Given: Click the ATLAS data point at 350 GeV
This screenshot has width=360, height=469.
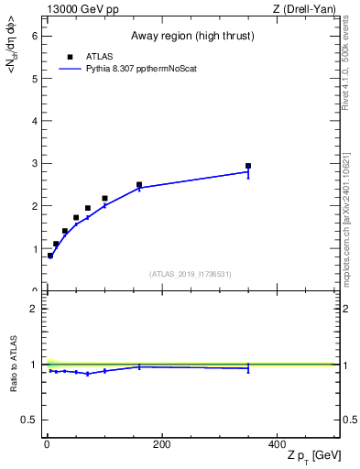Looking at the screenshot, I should (x=248, y=166).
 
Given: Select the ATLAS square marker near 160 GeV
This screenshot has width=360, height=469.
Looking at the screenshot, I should (x=139, y=185).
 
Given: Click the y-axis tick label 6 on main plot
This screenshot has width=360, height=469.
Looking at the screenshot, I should (x=34, y=36).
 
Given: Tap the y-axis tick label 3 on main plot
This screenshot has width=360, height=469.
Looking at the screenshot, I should (x=34, y=163).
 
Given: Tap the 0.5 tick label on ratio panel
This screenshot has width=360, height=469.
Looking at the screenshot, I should (x=30, y=420).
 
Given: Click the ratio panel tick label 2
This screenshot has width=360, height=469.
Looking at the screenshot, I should (x=34, y=309).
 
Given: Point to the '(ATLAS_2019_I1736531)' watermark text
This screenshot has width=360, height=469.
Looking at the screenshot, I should (x=191, y=274).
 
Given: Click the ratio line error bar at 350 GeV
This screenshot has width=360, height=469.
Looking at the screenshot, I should (x=248, y=368).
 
